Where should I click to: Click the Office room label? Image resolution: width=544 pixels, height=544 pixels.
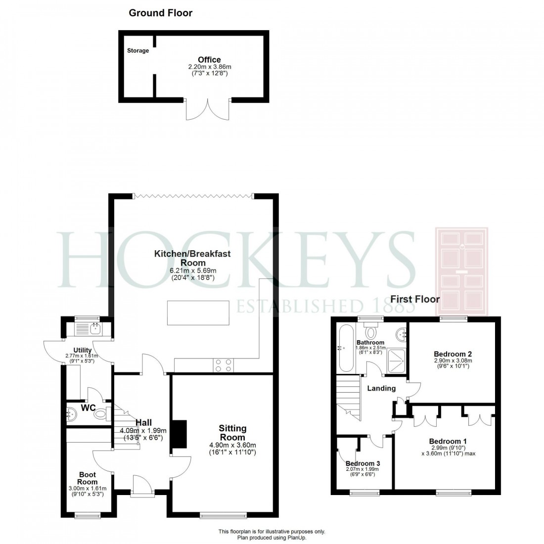(x=209, y=60)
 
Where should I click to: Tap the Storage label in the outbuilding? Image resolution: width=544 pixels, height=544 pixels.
(x=138, y=50)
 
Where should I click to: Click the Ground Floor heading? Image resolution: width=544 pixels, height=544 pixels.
(x=161, y=13)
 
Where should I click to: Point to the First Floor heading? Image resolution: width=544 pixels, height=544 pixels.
(x=415, y=299)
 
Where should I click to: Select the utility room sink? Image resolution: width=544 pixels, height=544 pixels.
(x=92, y=328)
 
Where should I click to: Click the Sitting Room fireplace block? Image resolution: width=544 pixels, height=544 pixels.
(x=179, y=437)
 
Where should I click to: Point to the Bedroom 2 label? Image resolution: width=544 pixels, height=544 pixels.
(x=453, y=354)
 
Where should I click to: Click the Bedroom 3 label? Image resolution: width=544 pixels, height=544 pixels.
(x=363, y=463)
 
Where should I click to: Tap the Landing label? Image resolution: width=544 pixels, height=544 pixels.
(x=381, y=388)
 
